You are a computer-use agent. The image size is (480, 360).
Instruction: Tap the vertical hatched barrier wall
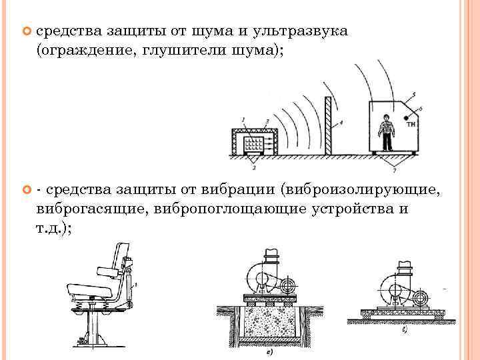pyautogui.click(x=328, y=127)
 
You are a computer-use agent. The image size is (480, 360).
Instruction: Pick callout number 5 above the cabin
pyautogui.click(x=415, y=95)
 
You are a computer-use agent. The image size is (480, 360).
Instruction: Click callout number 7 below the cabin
pyautogui.click(x=399, y=163)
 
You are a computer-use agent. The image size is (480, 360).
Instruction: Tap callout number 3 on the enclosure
pyautogui.click(x=267, y=121)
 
